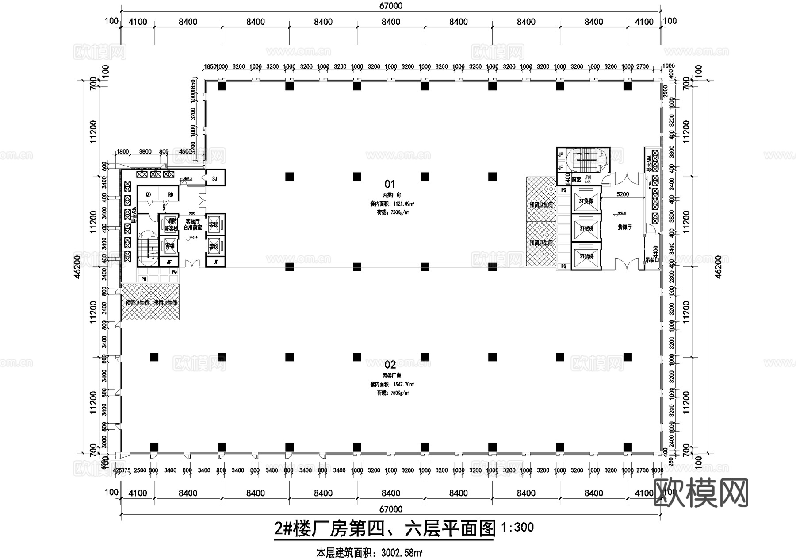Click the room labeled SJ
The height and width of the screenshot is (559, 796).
click(215, 179)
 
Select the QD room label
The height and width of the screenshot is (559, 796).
click(148, 195)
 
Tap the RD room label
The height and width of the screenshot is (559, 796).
click(170, 195)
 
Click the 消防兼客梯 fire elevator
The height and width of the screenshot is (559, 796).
click(170, 224)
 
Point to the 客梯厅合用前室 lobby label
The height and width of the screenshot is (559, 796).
click(193, 224)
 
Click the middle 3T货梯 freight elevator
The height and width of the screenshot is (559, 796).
click(586, 229)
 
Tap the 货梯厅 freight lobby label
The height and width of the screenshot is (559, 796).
click(624, 227)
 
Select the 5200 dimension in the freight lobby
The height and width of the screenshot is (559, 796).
click(622, 194)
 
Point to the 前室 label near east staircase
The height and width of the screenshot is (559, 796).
click(576, 180)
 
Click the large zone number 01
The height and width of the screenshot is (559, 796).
click(390, 184)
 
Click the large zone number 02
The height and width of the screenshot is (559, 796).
click(390, 365)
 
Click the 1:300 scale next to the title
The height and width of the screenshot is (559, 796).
click(517, 527)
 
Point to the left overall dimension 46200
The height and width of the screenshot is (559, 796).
click(77, 266)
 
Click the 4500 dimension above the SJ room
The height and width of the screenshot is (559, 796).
click(185, 151)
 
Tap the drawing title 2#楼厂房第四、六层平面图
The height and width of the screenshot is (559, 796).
click(384, 529)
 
